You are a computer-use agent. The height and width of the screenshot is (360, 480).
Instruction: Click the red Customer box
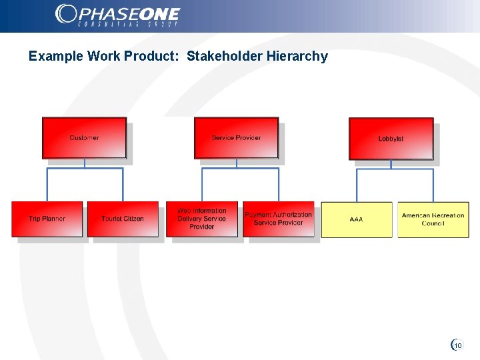pyautogui.click(x=84, y=138)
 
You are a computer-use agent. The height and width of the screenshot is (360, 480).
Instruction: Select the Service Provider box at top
pyautogui.click(x=236, y=138)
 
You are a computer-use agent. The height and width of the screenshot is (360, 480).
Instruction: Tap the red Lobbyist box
pyautogui.click(x=391, y=139)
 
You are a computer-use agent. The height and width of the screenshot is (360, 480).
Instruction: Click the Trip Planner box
pyautogui.click(x=47, y=219)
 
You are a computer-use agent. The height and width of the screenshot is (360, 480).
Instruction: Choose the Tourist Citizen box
pyautogui.click(x=123, y=219)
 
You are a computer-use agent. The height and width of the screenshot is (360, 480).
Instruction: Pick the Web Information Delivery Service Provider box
pyautogui.click(x=201, y=219)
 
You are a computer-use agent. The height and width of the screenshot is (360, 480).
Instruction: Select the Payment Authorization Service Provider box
pyautogui.click(x=278, y=219)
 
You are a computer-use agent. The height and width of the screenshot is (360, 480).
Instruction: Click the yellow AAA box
pyautogui.click(x=357, y=219)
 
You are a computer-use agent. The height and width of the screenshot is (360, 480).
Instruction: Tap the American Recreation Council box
pyautogui.click(x=433, y=219)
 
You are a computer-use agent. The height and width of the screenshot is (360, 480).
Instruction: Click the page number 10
pyautogui.click(x=458, y=345)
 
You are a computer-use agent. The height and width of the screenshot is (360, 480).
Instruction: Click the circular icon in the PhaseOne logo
pyautogui.click(x=65, y=13)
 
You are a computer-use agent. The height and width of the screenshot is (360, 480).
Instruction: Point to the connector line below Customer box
pyautogui.click(x=85, y=163)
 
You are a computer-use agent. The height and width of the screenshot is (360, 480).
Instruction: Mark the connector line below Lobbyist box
pyautogui.click(x=391, y=165)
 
